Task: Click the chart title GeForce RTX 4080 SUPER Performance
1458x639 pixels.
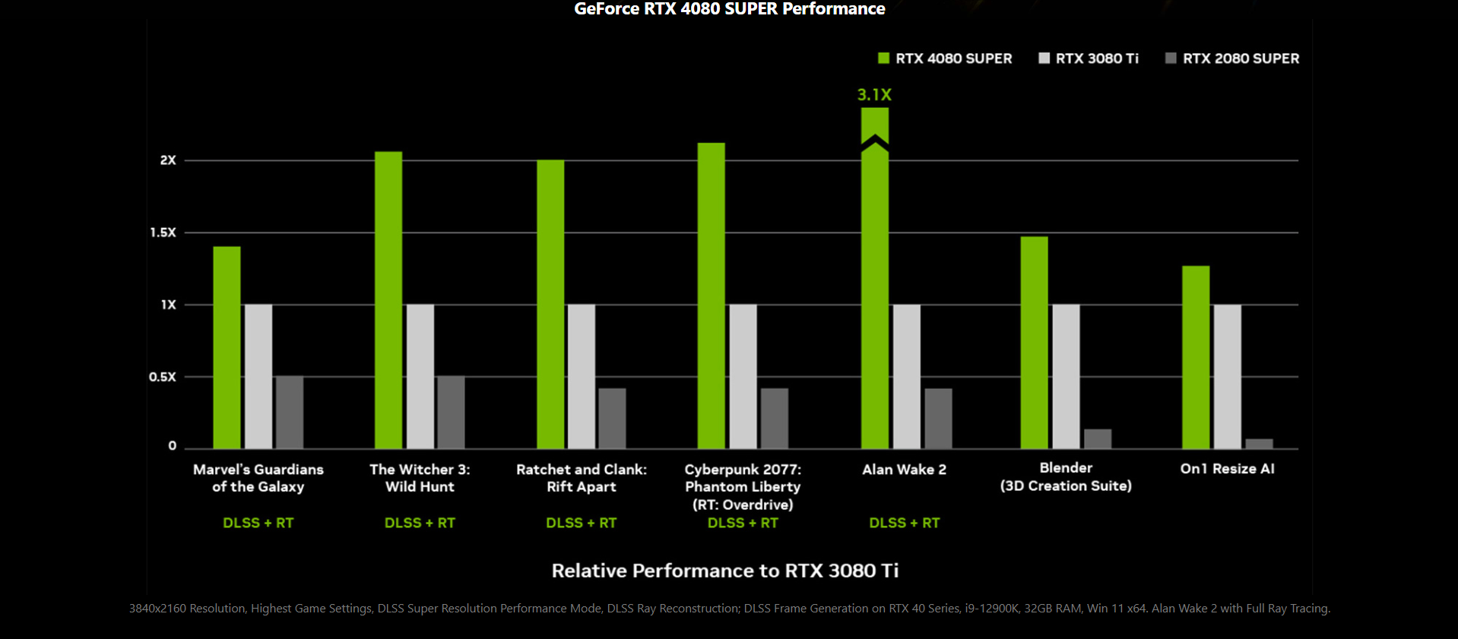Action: [x=729, y=9]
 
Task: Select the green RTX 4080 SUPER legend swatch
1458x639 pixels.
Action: [x=883, y=59]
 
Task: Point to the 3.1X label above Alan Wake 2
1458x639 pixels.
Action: [x=874, y=95]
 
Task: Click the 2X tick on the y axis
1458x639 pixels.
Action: [x=168, y=160]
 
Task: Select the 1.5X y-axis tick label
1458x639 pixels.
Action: [x=163, y=233]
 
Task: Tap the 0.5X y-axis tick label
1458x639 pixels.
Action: [x=163, y=377]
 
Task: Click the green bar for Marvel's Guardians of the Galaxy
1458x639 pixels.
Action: [x=227, y=347]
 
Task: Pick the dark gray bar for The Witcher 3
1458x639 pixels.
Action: [x=451, y=412]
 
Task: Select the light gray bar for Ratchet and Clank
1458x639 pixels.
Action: [x=582, y=376]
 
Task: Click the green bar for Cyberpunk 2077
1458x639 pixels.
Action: [x=712, y=296]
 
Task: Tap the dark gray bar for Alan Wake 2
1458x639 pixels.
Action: [x=938, y=418]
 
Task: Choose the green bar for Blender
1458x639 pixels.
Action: [x=1034, y=342]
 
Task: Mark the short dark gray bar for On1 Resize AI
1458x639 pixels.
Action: [x=1259, y=444]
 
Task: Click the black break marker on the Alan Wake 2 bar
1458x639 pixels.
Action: [x=875, y=143]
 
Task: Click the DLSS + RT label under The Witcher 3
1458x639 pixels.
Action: [x=420, y=523]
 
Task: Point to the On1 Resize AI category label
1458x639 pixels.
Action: [x=1227, y=469]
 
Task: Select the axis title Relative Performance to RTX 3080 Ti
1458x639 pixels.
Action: [x=725, y=571]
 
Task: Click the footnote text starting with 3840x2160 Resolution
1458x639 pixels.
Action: [x=729, y=609]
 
